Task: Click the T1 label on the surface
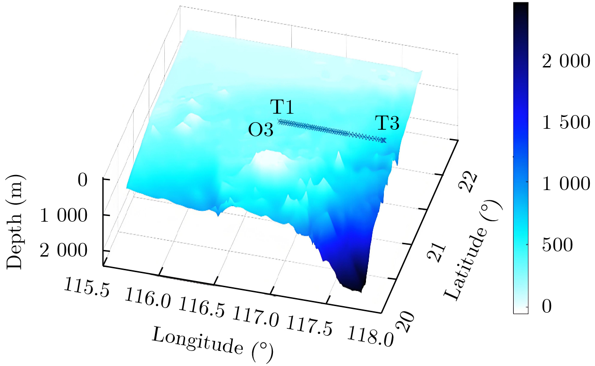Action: (282, 108)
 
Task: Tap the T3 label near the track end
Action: (387, 124)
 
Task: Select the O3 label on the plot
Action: (261, 130)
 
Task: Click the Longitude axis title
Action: (211, 342)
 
